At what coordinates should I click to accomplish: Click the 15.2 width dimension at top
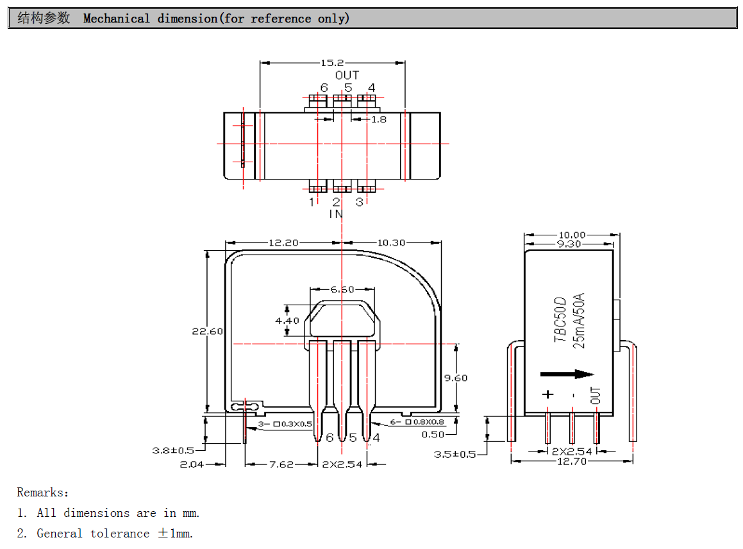point(332,63)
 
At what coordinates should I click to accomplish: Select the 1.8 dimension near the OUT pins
point(379,119)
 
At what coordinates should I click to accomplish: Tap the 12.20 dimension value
point(283,243)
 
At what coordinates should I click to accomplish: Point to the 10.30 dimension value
point(392,243)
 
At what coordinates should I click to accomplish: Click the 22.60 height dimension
point(207,332)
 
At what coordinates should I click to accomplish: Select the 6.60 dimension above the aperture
point(342,289)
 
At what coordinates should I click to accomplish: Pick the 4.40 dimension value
point(287,320)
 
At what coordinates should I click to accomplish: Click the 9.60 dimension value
point(456,378)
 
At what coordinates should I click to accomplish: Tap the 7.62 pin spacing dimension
point(281,464)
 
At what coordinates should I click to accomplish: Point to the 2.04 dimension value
point(192,464)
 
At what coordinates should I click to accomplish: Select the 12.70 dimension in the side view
point(571,461)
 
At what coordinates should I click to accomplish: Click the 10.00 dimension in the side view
point(572,235)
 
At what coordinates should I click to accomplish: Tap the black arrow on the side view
point(567,375)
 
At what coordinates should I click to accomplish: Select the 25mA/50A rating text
point(579,321)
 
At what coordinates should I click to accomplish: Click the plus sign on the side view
point(547,394)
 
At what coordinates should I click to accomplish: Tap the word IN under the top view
point(336,214)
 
